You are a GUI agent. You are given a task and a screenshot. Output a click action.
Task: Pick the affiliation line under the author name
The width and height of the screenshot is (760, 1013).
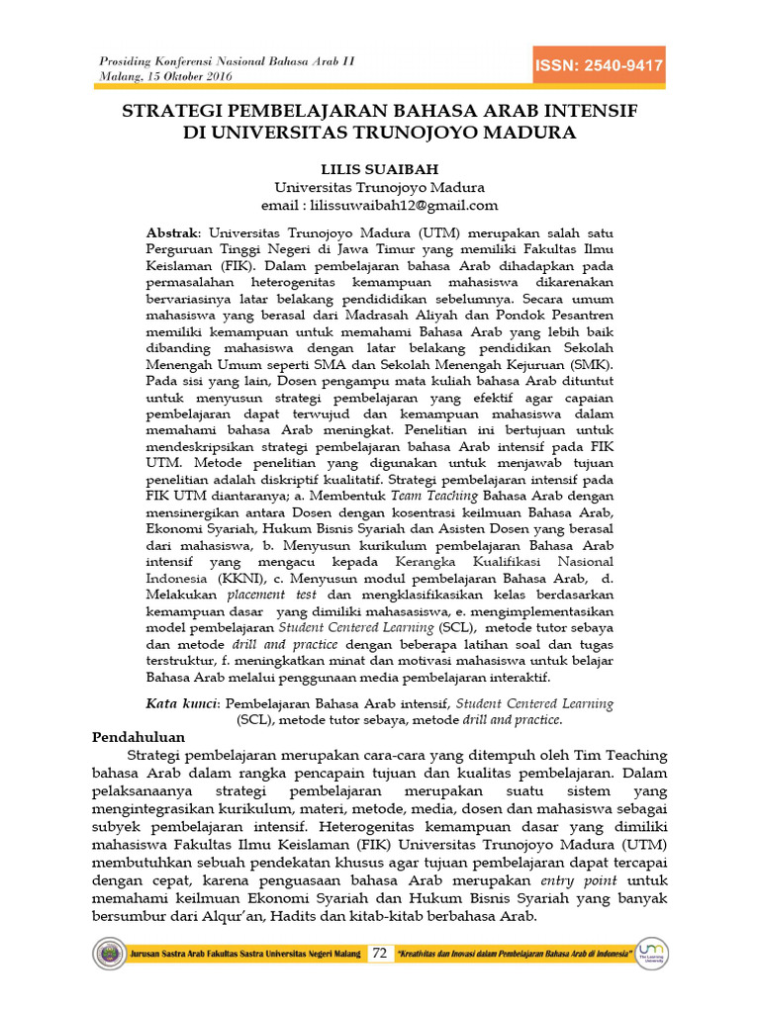pos(379,186)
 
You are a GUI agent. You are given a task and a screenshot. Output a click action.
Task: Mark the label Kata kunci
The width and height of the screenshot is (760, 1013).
pos(182,703)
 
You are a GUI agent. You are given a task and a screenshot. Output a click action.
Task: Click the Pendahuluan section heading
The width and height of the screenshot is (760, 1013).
pos(139,738)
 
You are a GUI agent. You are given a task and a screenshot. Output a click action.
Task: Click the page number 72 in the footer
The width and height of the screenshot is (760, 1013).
pos(380,954)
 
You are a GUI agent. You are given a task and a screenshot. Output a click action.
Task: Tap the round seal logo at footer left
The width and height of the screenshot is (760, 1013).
pos(108,954)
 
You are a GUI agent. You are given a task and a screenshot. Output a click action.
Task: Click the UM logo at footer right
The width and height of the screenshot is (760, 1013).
pos(652,953)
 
